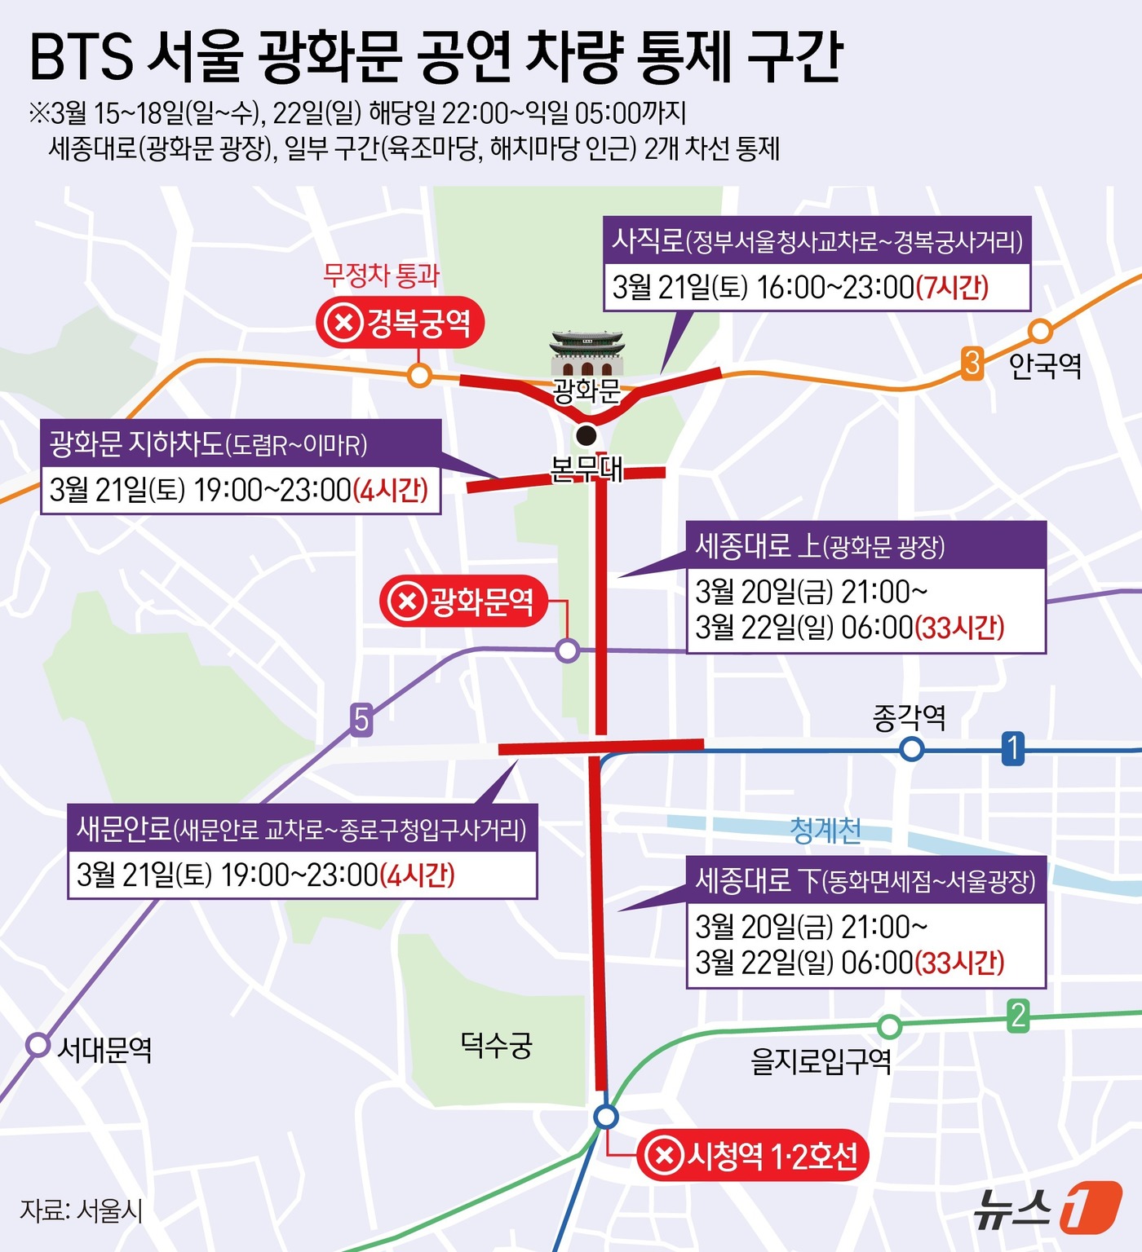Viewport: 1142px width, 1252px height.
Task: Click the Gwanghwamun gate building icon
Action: tap(586, 354)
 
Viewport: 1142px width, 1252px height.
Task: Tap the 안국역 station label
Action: tap(1045, 366)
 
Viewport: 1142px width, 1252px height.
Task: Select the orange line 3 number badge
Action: tap(972, 363)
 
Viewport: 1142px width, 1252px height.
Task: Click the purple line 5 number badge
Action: tap(361, 720)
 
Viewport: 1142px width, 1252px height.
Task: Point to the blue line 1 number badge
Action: tap(1012, 747)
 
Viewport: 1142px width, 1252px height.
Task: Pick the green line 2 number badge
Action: tap(1017, 1016)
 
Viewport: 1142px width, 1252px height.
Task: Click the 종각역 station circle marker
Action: tap(912, 748)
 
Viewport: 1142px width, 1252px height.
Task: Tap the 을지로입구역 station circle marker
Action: tap(890, 1026)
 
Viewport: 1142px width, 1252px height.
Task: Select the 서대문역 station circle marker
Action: tap(38, 1045)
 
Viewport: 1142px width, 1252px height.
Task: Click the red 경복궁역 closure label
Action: tap(400, 323)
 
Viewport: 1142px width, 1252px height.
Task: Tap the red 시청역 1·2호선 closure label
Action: tap(752, 1155)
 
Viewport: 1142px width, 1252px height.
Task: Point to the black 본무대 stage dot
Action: tap(586, 435)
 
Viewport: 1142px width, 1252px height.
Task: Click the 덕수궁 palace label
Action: tap(496, 1044)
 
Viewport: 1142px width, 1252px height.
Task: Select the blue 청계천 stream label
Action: tap(826, 831)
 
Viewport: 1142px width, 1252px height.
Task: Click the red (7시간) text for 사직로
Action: tap(952, 287)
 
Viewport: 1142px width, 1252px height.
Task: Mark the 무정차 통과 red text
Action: tap(381, 275)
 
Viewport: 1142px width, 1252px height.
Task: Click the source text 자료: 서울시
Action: tap(82, 1210)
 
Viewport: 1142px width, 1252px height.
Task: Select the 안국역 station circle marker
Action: tap(1039, 331)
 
